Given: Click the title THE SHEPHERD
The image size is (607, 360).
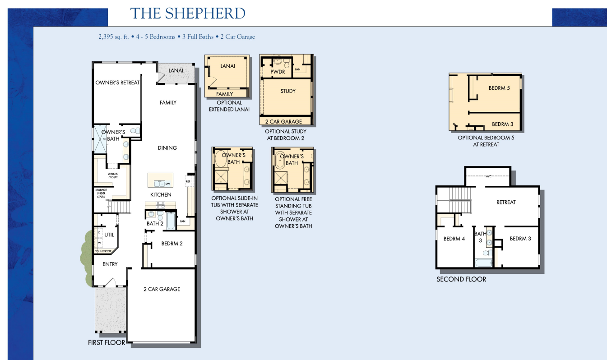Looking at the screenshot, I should pos(187,13).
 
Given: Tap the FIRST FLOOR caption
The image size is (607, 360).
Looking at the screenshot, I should pos(106,343).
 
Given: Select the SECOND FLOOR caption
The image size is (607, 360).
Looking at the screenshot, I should pos(461,279).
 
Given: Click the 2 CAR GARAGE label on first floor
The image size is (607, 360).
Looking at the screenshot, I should pos(162,289).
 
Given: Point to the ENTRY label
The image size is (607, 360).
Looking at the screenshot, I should pos(110,264).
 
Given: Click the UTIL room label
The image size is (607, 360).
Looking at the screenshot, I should pos(109,235).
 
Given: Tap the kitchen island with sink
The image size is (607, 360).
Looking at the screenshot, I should pos(160,180).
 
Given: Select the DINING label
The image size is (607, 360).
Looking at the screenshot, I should pos(167,148).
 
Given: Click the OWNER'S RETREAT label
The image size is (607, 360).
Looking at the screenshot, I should pos(117,83).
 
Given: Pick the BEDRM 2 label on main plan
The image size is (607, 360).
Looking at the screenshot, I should pos(172,244).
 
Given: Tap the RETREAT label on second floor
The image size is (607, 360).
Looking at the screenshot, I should pos(505,202).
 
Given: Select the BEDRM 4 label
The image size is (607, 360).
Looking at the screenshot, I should pos(454,239).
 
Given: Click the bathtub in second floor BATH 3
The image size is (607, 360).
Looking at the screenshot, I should pos(484,263).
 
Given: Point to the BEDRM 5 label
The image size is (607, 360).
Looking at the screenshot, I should pos(499,88).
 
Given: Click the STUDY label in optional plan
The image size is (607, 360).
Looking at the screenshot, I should pos(288,91).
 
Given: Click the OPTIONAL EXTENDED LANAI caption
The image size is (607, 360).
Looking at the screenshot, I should pos(229,106).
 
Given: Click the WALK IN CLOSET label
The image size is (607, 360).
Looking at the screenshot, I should pos(113,175).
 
